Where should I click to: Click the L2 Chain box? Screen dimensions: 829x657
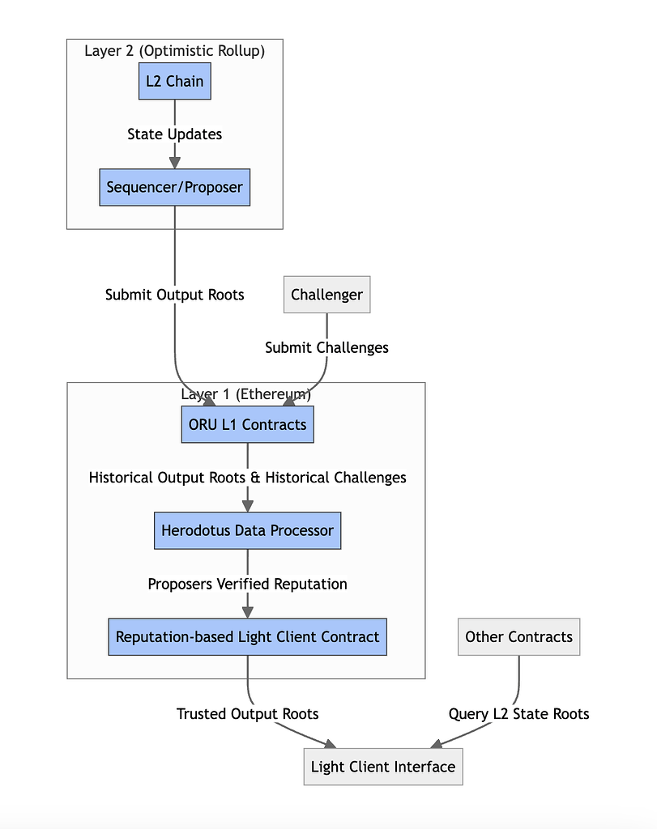174,81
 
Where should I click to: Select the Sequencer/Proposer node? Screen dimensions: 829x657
174,187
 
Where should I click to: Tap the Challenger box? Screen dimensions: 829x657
326,295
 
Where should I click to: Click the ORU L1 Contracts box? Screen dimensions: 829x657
247,424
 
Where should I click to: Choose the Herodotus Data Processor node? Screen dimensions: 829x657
247,531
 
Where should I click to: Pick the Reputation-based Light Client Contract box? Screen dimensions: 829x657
247,636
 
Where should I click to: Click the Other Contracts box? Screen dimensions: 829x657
518,636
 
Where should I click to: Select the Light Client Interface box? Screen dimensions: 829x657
383,766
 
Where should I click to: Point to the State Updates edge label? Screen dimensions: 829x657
174,134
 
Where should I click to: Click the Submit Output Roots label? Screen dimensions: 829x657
174,295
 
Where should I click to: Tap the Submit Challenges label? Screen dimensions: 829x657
326,347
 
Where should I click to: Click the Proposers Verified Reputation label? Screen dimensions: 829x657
247,584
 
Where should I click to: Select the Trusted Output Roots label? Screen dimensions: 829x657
247,714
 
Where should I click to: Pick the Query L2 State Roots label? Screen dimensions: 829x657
518,714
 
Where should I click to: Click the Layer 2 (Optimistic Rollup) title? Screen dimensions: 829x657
174,51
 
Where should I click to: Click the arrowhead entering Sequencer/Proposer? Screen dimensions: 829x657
174,163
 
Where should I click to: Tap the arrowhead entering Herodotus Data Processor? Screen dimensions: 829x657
247,506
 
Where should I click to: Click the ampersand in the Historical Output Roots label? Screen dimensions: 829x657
255,478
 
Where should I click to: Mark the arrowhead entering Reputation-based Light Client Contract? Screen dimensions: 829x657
247,612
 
